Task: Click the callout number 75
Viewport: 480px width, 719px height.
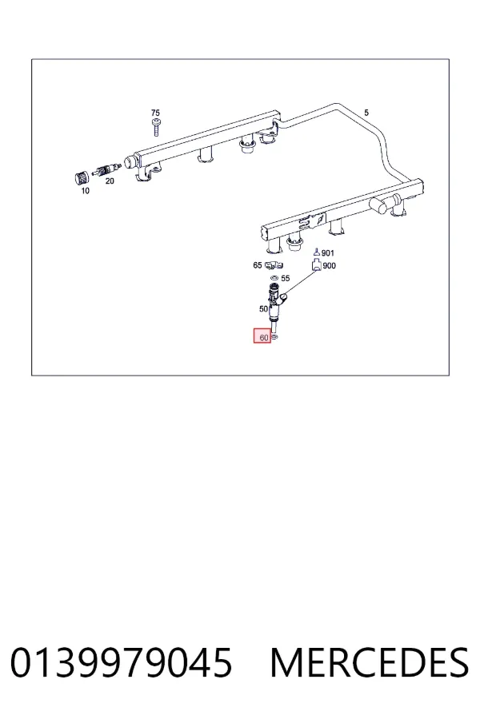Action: click(155, 113)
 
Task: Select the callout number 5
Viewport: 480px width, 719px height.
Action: click(366, 113)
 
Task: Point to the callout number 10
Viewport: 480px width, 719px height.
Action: click(86, 191)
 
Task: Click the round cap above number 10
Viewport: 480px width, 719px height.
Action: click(82, 178)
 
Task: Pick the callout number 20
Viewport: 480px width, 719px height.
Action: click(110, 181)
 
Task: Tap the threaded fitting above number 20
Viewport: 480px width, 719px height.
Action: click(106, 169)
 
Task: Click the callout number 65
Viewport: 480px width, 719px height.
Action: click(258, 265)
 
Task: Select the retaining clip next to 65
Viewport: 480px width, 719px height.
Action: click(274, 265)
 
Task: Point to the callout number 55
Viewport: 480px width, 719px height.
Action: click(286, 278)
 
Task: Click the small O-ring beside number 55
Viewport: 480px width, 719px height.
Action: click(274, 277)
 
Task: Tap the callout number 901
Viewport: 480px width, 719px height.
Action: click(328, 253)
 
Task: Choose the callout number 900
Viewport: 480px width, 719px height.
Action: click(329, 265)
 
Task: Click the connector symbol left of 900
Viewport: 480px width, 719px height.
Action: click(317, 265)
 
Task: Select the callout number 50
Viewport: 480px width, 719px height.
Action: click(264, 309)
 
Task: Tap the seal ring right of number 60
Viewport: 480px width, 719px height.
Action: click(274, 337)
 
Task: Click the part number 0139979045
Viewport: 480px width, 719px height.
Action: click(122, 662)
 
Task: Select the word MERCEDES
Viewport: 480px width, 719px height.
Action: click(370, 662)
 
